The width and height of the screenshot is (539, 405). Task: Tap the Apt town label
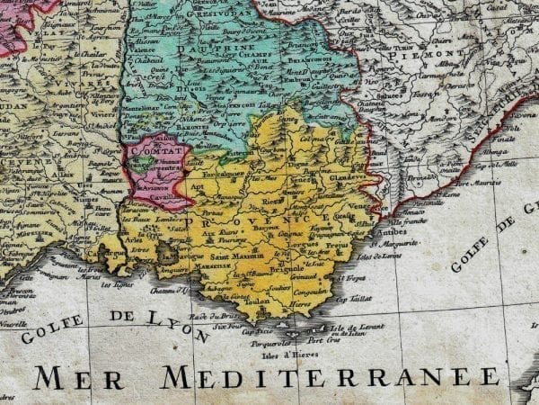tap(196, 186)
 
